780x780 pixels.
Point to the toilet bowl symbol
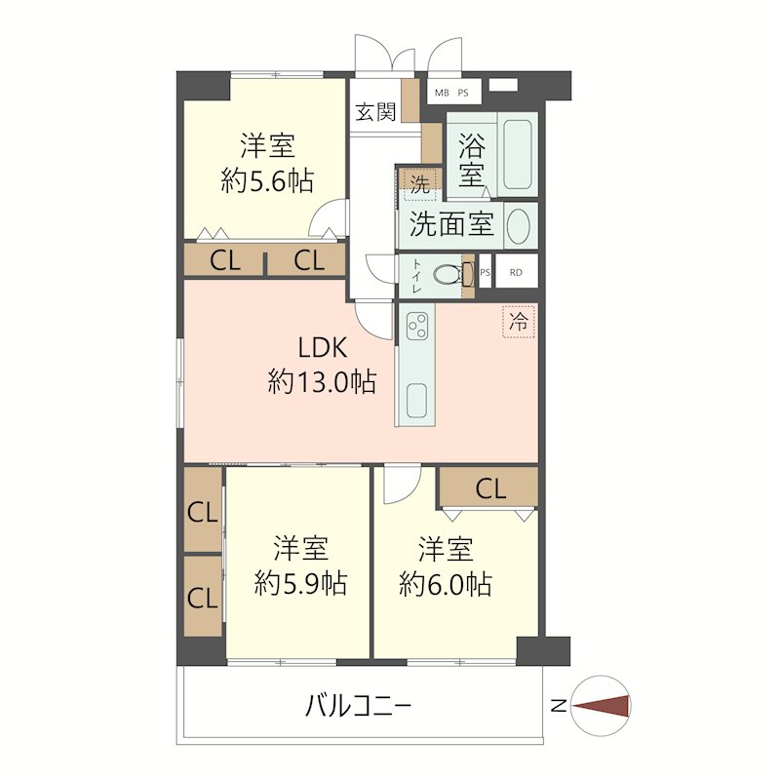[448, 275]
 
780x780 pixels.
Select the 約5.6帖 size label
[267, 181]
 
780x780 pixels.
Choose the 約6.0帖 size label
[446, 584]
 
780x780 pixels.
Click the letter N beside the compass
[557, 706]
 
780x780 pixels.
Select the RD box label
[516, 272]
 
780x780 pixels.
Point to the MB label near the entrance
[442, 94]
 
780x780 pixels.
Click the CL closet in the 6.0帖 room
[490, 488]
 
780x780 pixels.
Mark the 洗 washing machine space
[419, 183]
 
